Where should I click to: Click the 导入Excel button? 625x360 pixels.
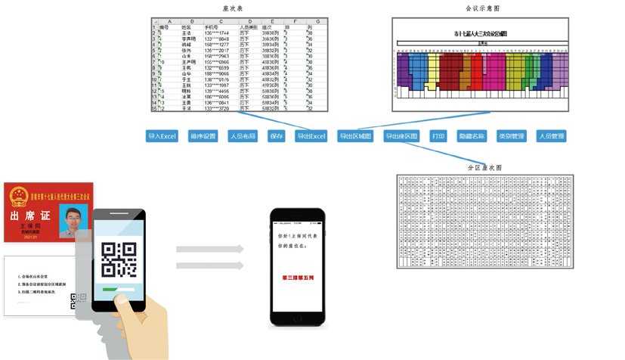[162, 137]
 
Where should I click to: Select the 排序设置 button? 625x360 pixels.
[203, 137]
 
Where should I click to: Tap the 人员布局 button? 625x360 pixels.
[243, 137]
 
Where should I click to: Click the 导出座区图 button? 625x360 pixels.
[401, 137]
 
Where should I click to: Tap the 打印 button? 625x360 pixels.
[438, 137]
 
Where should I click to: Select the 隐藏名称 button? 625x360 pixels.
[472, 137]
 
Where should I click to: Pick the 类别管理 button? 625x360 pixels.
[511, 137]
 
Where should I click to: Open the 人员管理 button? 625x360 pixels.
[551, 137]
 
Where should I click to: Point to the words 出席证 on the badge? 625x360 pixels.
[29, 216]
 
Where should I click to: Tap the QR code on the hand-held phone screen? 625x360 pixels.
[119, 258]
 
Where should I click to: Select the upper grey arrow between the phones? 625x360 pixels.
[210, 249]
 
